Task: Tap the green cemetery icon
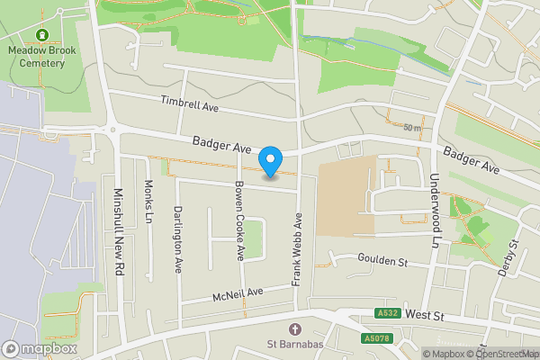pos(40,36)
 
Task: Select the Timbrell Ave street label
pos(191,105)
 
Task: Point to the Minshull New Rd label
pos(118,230)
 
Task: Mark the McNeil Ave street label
pos(238,293)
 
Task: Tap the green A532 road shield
pos(387,313)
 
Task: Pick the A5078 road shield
pos(378,338)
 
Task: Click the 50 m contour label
pos(412,128)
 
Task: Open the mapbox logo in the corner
pos(40,348)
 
